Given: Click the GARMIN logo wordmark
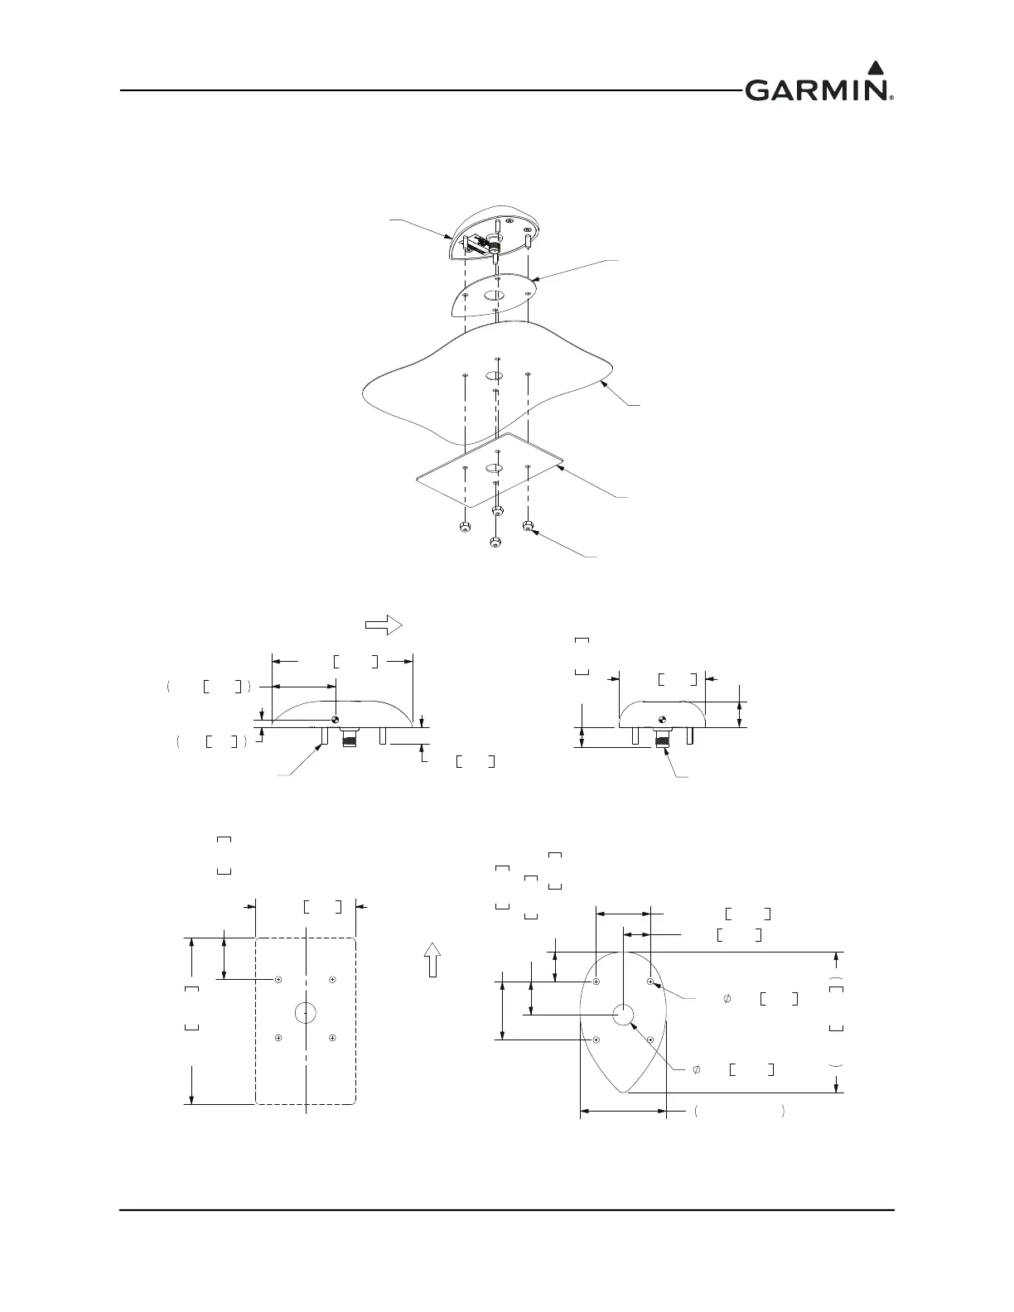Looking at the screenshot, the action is click(x=817, y=89).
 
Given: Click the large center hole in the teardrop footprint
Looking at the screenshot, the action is click(x=623, y=1013).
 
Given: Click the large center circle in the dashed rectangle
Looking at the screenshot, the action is click(x=306, y=1012).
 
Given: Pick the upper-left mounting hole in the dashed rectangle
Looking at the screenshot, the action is click(x=279, y=980).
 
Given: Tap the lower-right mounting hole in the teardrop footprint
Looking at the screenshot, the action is click(x=651, y=1039).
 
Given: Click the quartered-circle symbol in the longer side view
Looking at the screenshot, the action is click(x=336, y=719).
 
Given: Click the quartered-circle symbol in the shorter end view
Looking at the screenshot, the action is click(x=662, y=719).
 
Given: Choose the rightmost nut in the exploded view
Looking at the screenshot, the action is click(x=528, y=525).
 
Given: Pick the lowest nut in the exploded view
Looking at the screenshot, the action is click(x=495, y=543).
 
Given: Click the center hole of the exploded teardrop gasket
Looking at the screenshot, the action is click(x=495, y=297).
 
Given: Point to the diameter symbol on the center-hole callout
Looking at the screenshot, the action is click(x=698, y=1069).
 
